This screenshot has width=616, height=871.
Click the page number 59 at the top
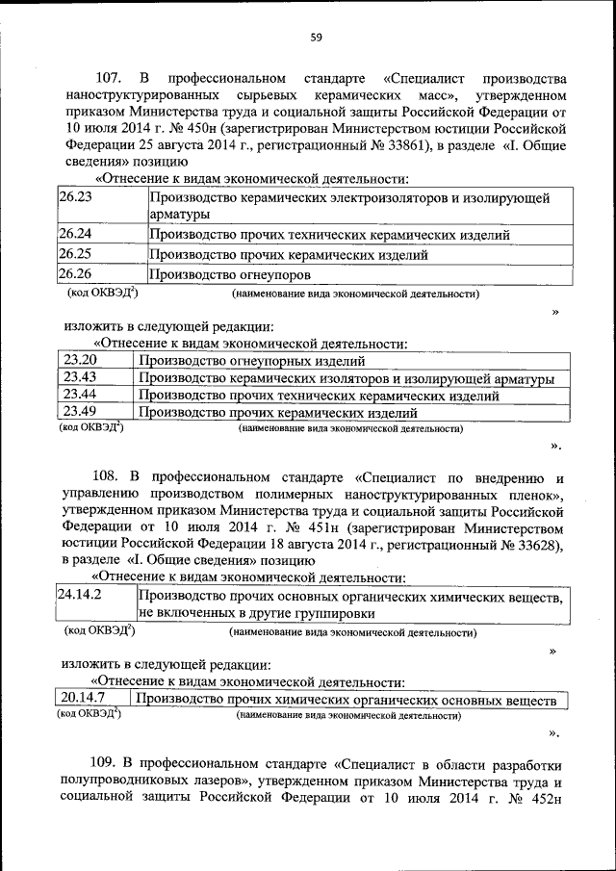pos(316,38)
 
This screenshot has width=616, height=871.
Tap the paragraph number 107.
pos(111,77)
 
